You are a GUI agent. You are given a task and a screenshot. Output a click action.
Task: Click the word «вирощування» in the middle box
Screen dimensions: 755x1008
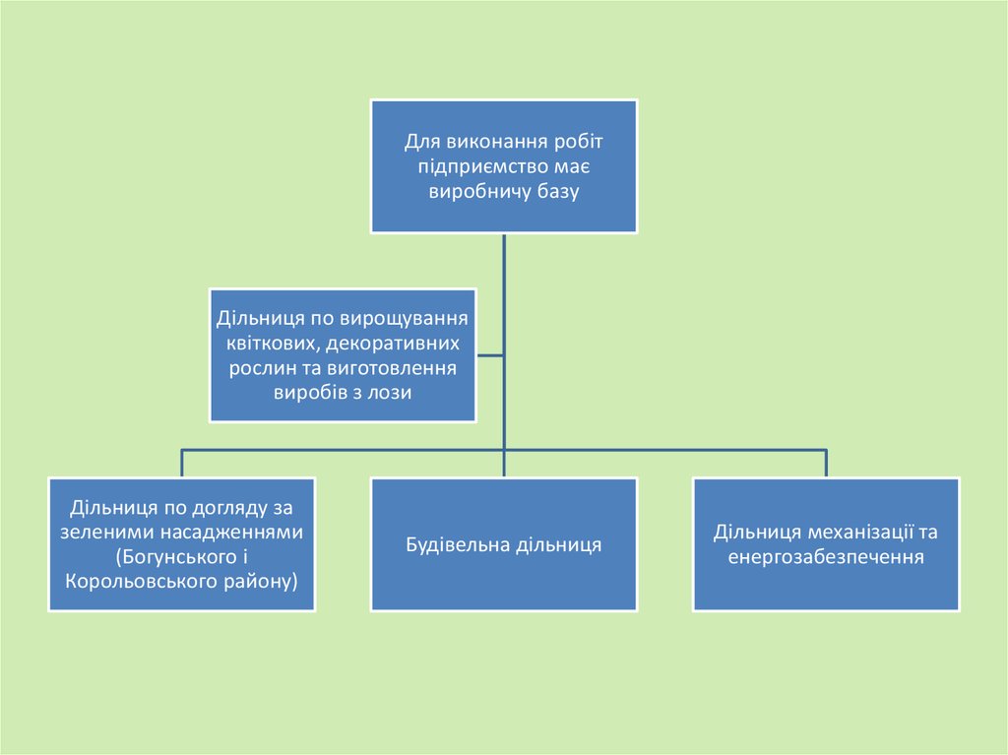click(x=403, y=320)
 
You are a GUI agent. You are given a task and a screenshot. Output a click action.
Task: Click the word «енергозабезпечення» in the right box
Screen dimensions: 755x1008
click(x=826, y=557)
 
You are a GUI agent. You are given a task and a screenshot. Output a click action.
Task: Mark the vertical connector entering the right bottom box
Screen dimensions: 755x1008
click(x=826, y=464)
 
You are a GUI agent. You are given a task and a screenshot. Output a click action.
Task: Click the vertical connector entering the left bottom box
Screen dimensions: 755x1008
click(x=181, y=464)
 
